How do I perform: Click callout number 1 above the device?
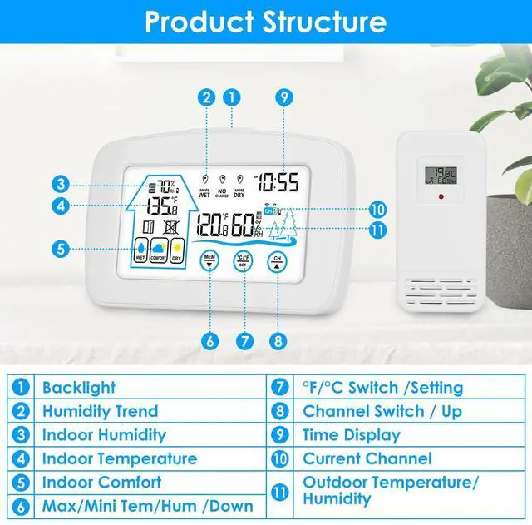[x=233, y=97]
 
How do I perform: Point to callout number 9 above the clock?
[x=284, y=97]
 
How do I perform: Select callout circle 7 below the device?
[x=244, y=340]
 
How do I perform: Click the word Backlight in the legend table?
[x=79, y=388]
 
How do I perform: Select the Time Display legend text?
[x=352, y=434]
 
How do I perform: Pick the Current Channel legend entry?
[x=367, y=458]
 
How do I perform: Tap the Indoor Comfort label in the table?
[x=101, y=482]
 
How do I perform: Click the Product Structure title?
[x=265, y=22]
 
